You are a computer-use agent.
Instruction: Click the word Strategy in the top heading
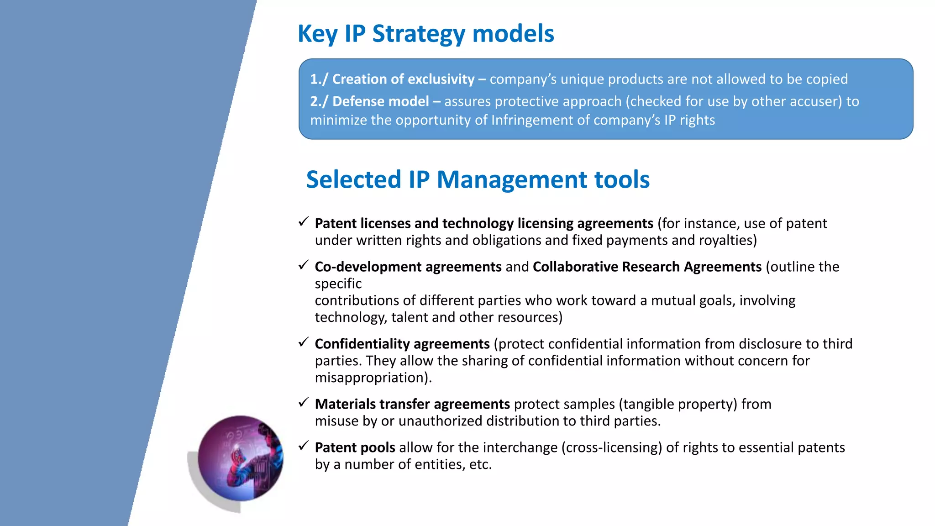click(x=419, y=34)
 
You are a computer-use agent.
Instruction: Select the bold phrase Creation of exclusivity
click(x=403, y=79)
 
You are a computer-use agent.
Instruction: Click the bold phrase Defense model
click(x=380, y=101)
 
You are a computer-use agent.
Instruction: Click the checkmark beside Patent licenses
click(x=304, y=222)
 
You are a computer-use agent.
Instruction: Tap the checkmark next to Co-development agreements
click(x=304, y=265)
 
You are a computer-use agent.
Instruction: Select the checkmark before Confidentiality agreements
click(x=304, y=342)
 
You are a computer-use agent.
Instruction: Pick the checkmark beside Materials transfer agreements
click(x=304, y=403)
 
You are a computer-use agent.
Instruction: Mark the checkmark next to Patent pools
click(x=304, y=446)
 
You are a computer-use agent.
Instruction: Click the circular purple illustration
click(x=241, y=458)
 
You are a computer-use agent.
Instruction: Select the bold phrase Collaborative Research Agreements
click(x=647, y=267)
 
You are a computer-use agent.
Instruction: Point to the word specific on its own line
click(x=338, y=284)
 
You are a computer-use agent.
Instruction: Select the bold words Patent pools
click(x=355, y=447)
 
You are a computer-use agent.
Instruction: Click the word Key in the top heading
click(x=317, y=34)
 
